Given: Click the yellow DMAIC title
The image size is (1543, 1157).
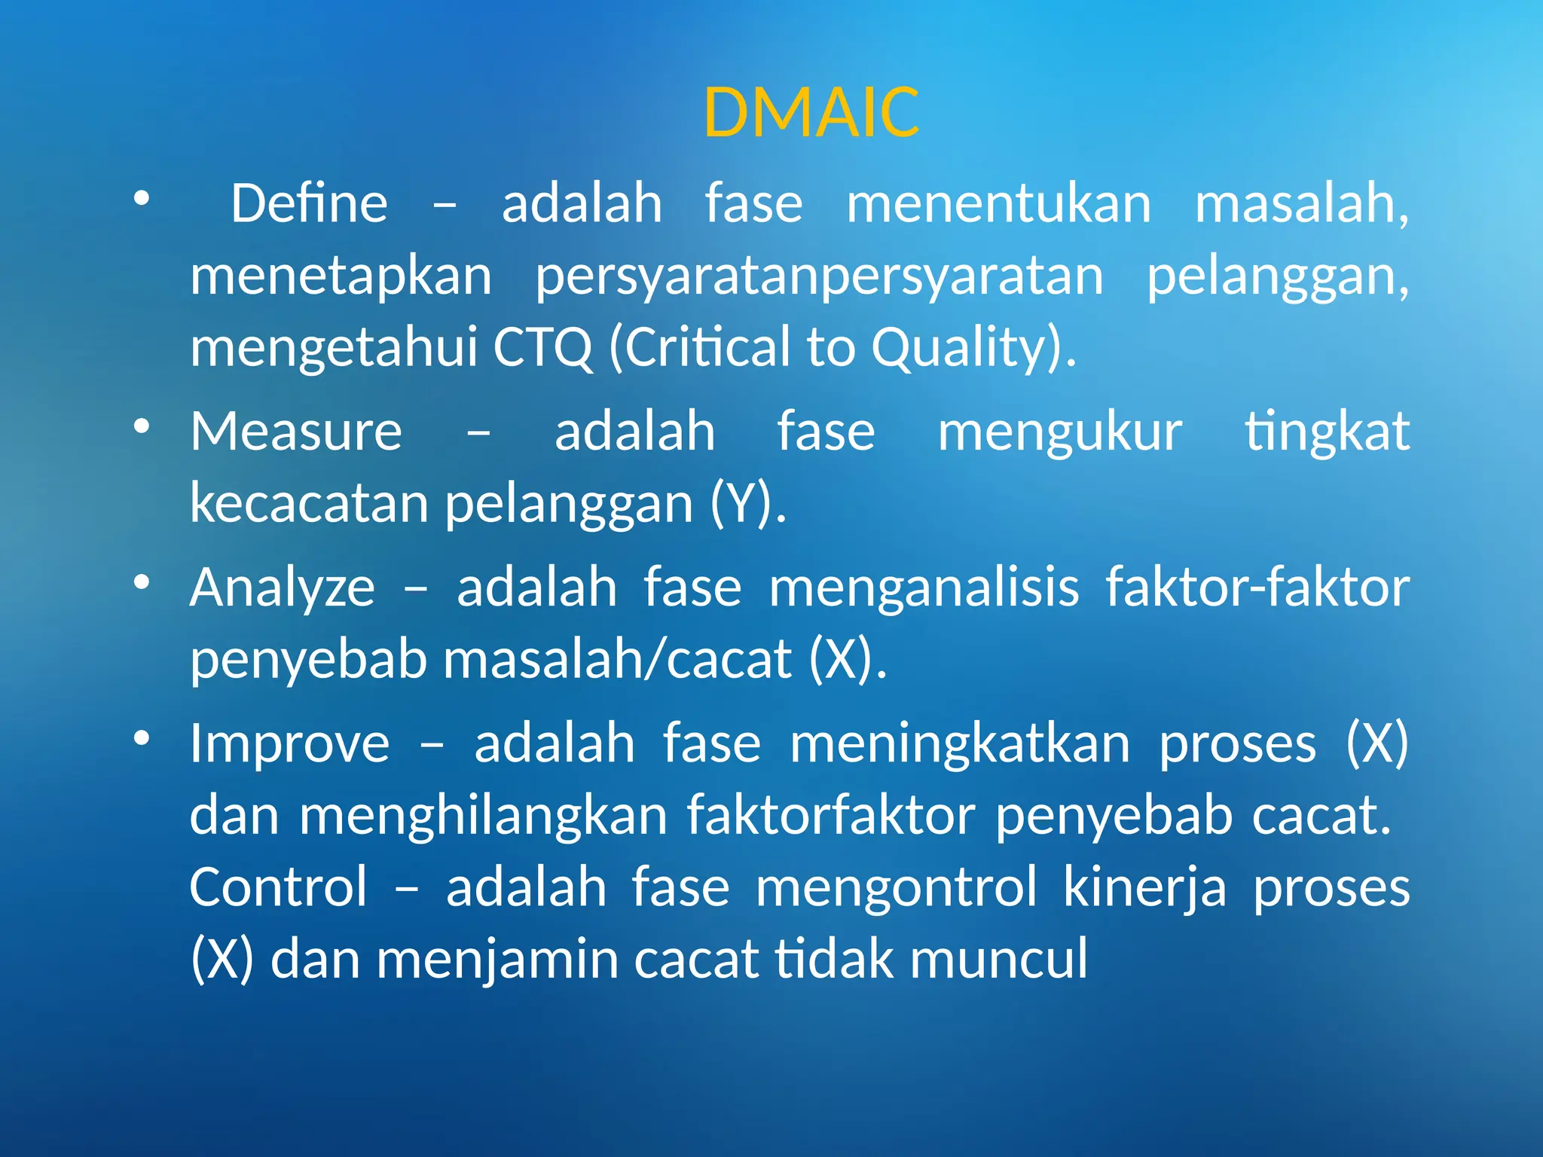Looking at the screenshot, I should [x=811, y=113].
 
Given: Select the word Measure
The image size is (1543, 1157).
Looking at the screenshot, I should [x=296, y=432].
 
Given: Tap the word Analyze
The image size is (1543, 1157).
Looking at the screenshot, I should [x=282, y=588].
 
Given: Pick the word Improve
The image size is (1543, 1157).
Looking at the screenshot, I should [x=289, y=743].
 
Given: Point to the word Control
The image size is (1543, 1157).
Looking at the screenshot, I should [x=278, y=887].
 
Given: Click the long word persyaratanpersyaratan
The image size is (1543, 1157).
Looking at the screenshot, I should [x=819, y=277].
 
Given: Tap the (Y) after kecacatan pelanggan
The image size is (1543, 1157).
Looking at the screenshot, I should [x=748, y=503].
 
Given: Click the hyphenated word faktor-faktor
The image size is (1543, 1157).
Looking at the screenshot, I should [x=1257, y=588].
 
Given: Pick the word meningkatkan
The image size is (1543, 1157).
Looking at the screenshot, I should [x=960, y=743].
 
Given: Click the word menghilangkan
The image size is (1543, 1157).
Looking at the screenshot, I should [x=483, y=816].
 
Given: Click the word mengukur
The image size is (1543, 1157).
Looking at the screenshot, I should [x=1059, y=432].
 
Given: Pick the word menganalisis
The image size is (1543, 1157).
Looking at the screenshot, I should [x=924, y=588].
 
